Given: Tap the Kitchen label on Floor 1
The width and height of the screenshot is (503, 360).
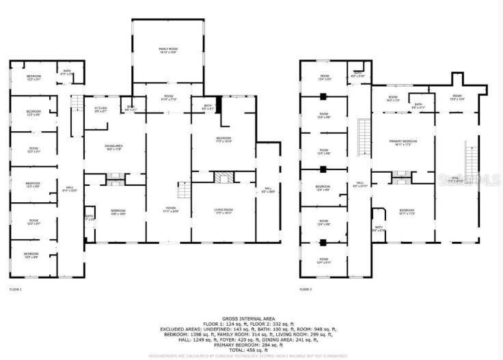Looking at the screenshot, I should (x=100, y=109).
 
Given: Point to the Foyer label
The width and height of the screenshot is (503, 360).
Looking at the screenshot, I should (x=168, y=210).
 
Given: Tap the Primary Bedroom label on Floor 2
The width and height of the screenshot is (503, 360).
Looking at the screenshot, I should (x=403, y=142).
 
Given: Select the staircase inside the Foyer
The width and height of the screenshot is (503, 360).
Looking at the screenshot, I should (x=183, y=191).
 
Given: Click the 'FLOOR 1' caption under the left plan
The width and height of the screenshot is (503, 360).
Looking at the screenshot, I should (x=16, y=290).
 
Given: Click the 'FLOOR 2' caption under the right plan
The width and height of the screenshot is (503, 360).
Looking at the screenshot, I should (x=306, y=290).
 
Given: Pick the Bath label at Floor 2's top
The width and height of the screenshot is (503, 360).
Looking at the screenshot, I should (x=357, y=74).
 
